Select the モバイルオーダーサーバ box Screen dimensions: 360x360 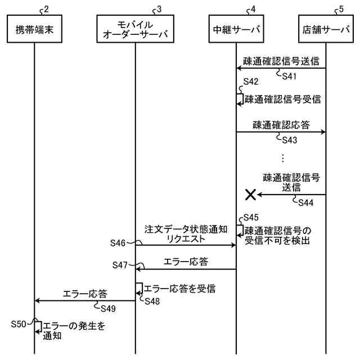pyautogui.click(x=135, y=29)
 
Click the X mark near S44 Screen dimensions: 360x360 pyautogui.click(x=250, y=195)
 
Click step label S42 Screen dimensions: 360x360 pyautogui.click(x=251, y=82)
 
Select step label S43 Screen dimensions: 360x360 pyautogui.click(x=290, y=140)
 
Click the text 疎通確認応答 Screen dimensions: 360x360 pyautogui.click(x=281, y=124)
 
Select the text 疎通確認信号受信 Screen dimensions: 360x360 pyautogui.click(x=282, y=100)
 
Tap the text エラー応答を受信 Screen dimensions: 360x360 pyautogui.click(x=180, y=289)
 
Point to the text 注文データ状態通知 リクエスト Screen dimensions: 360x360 pyautogui.click(x=186, y=234)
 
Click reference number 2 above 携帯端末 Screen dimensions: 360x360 pyautogui.click(x=46, y=9)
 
